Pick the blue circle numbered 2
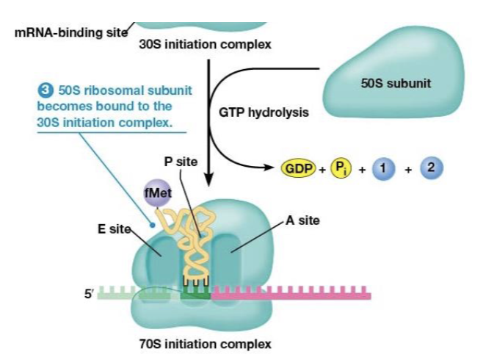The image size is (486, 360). [x=432, y=168]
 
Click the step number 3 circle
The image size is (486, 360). [x=46, y=90]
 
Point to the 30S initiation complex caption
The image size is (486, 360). [x=205, y=44]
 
